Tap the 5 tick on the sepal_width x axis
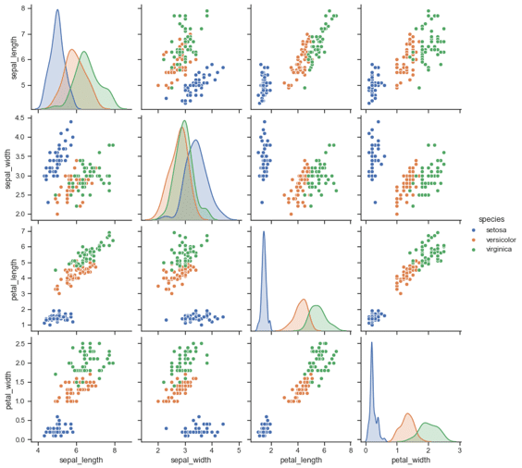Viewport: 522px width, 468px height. tap(239, 449)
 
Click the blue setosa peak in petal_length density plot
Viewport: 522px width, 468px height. tap(264, 232)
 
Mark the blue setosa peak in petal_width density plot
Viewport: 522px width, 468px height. tap(371, 343)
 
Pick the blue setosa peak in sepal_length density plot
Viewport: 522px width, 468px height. tap(56, 11)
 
